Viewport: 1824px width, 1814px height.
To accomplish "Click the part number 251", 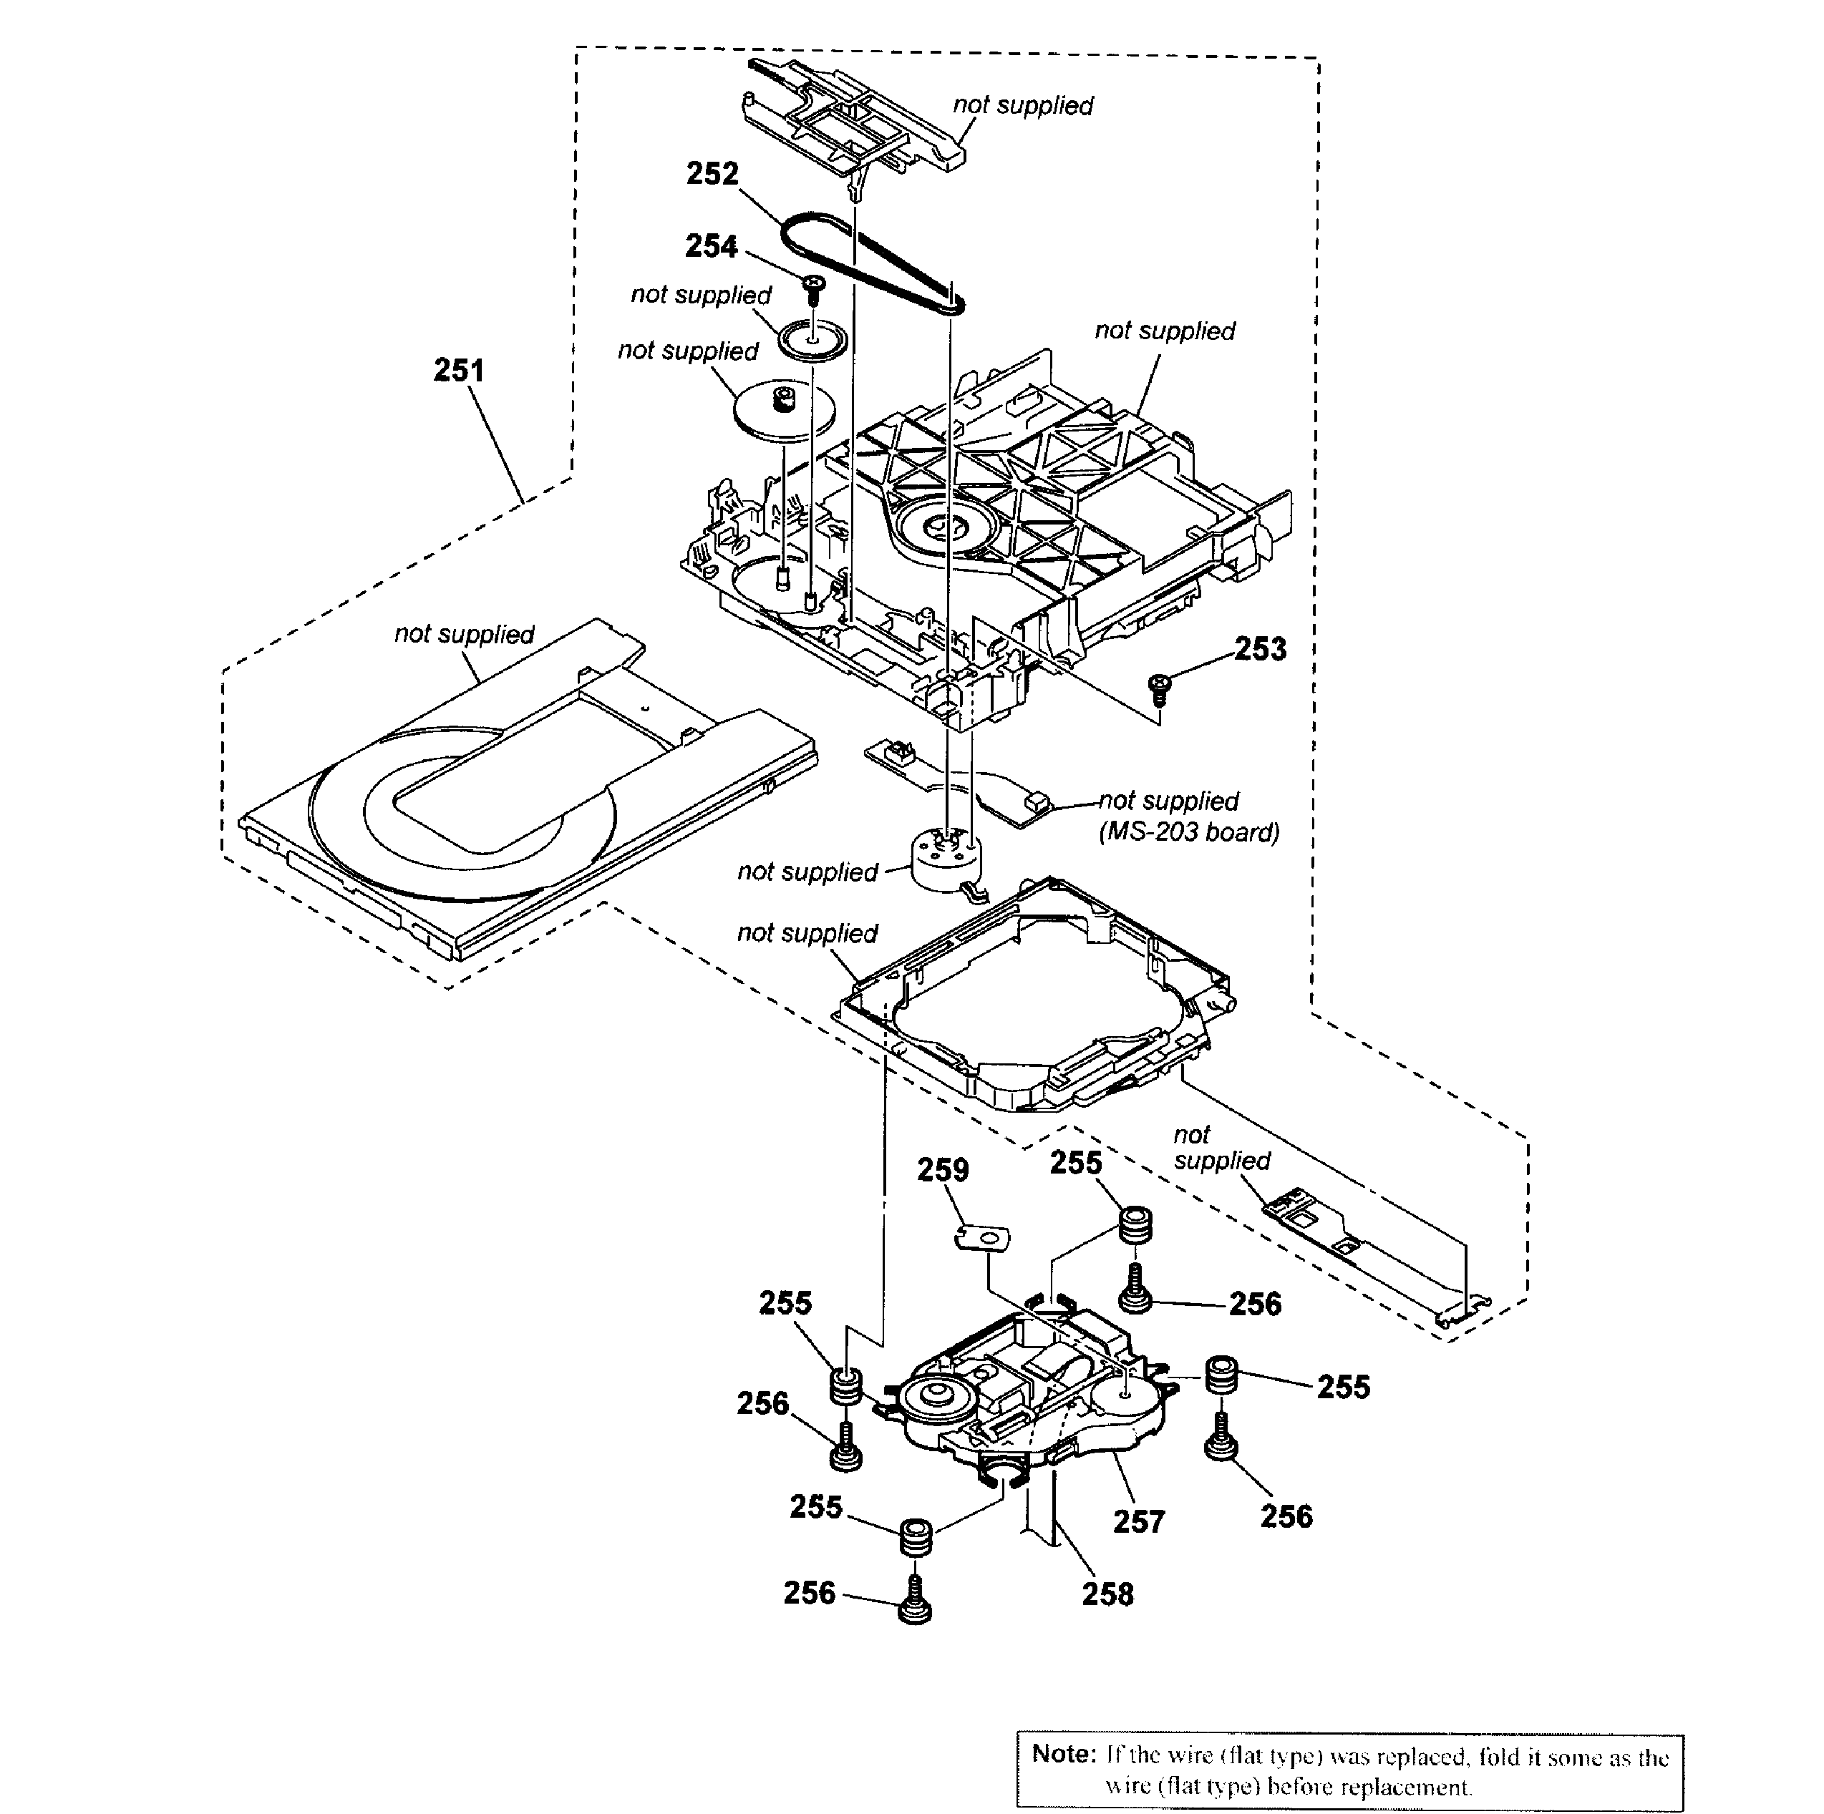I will pos(459,370).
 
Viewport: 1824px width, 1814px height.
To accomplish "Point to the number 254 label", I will pos(711,246).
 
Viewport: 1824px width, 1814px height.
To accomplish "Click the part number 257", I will pos(1139,1521).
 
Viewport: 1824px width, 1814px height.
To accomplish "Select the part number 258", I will pos(1107,1594).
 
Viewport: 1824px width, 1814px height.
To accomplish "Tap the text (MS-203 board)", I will pos(1188,832).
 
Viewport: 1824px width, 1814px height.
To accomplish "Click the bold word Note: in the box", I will pos(1063,1754).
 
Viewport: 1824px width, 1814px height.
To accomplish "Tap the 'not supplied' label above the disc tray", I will pos(464,634).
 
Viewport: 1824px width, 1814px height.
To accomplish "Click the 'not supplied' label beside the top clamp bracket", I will pos(1022,106).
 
